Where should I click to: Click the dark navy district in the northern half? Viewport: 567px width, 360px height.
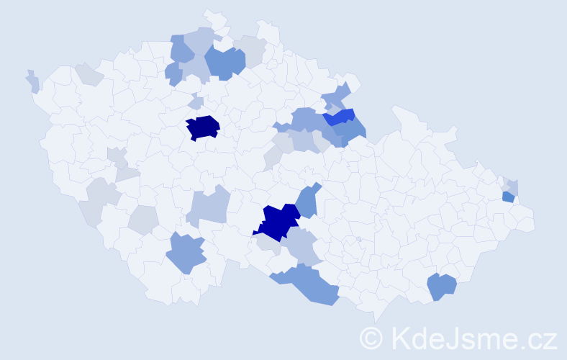[x=203, y=127]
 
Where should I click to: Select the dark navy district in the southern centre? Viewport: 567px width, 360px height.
[x=278, y=222]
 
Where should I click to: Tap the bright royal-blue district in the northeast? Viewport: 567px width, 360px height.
[x=340, y=117]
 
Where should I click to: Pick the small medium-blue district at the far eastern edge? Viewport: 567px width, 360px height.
[x=508, y=197]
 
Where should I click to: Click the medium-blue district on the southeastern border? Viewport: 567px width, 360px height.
[x=441, y=287]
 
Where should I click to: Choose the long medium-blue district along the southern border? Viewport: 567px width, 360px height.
[x=309, y=284]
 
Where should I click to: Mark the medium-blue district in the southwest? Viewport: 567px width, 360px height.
[x=186, y=253]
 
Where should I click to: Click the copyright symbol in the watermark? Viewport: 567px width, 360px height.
[x=372, y=338]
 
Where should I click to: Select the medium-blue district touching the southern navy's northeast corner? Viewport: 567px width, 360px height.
[x=307, y=202]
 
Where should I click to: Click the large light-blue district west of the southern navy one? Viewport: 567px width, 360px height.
[x=208, y=207]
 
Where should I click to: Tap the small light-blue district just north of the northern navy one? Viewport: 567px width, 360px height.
[x=194, y=103]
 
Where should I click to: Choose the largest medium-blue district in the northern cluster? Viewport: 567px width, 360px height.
[x=224, y=61]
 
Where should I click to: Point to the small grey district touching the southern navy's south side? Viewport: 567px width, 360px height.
[x=268, y=245]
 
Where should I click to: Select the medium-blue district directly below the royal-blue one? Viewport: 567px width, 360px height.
[x=350, y=130]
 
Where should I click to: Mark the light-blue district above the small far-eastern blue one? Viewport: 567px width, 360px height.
[x=512, y=186]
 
